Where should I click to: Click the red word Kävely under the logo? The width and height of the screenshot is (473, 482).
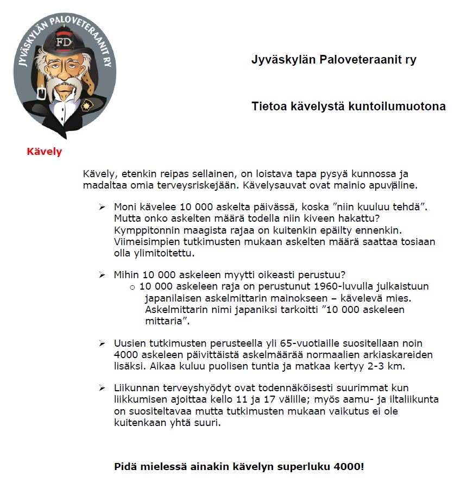coord(45,152)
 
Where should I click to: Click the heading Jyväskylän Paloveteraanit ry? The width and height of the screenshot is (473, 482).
coord(333,60)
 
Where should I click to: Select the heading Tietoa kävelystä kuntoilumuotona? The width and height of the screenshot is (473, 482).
coord(348,107)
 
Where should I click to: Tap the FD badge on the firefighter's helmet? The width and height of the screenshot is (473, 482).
coord(64,41)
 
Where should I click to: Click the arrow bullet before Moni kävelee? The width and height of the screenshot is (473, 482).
coord(102,207)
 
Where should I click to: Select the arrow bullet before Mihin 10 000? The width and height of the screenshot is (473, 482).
coord(102,276)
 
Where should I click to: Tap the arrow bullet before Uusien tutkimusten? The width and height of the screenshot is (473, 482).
coord(102,344)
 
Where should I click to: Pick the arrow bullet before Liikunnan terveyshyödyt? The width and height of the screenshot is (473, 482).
coord(102,388)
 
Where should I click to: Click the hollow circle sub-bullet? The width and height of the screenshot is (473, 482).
coord(133,287)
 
